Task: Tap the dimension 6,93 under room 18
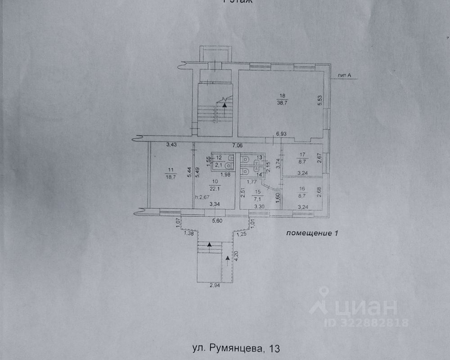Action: [x=281, y=134]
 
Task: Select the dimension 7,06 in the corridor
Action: [x=237, y=145]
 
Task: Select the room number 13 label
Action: [x=259, y=157]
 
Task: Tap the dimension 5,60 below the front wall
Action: [x=218, y=221]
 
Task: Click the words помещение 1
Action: [x=311, y=233]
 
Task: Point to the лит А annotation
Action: [x=343, y=76]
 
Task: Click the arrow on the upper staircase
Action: [x=225, y=104]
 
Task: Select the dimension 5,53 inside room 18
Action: [x=320, y=99]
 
